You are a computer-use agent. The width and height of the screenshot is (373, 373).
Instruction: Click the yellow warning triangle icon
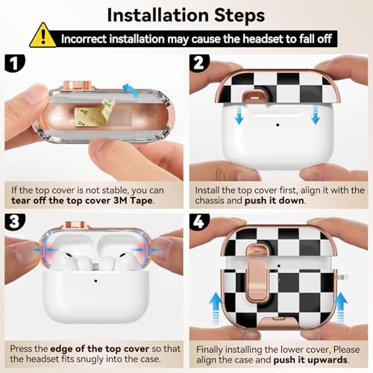pyautogui.click(x=43, y=36)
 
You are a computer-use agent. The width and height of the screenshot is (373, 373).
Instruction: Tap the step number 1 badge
pyautogui.click(x=15, y=63)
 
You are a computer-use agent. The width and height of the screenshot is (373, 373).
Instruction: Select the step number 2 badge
pyautogui.click(x=199, y=63)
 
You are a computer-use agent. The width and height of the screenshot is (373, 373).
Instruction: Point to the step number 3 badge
pyautogui.click(x=15, y=222)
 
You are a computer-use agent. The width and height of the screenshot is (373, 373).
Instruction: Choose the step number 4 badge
pyautogui.click(x=199, y=222)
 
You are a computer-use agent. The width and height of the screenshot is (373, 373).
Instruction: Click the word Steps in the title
pyautogui.click(x=239, y=16)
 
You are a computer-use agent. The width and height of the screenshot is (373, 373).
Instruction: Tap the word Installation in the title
pyautogui.click(x=157, y=16)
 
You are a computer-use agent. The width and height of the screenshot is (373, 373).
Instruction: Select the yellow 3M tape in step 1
pyautogui.click(x=95, y=113)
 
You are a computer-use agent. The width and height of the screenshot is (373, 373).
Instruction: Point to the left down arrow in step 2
pyautogui.click(x=239, y=114)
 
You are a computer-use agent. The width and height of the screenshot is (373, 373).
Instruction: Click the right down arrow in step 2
pyautogui.click(x=316, y=114)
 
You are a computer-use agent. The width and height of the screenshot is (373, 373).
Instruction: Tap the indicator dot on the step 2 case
pyautogui.click(x=278, y=125)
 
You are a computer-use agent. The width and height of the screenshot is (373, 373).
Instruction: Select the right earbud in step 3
pyautogui.click(x=125, y=261)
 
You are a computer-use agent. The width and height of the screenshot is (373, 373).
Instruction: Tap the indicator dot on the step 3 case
pyautogui.click(x=95, y=280)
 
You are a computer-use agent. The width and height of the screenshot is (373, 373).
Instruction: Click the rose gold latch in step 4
pyautogui.click(x=257, y=281)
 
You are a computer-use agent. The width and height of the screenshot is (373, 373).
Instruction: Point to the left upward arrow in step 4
pyautogui.click(x=216, y=308)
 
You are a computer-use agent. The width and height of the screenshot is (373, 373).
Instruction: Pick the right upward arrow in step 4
pyautogui.click(x=341, y=308)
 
